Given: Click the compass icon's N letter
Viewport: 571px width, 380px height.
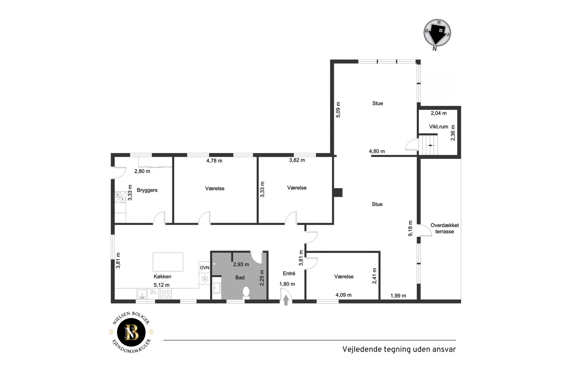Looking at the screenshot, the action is coord(434,49).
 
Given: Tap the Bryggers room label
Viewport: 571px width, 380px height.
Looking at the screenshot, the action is coord(147,190).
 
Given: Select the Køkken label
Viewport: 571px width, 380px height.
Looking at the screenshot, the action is coord(162,276).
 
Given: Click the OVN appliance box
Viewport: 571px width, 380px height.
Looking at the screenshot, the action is coord(204,267).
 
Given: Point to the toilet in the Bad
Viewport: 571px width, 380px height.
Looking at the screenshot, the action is coord(246,292).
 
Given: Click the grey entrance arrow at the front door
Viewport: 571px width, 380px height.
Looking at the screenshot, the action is coord(286,300).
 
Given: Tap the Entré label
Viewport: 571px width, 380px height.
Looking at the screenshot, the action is coord(289,274).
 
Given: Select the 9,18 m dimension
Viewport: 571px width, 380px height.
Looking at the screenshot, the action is coord(411,228).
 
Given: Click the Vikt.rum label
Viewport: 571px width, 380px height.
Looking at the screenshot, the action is coord(439,127).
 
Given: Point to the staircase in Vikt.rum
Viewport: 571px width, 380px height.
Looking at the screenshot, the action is coord(428,145).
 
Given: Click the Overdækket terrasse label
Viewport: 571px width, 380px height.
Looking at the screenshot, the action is coord(444,228).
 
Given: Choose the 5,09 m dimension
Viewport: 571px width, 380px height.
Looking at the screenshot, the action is coord(338,110).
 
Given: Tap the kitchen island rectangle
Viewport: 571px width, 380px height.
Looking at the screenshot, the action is coord(168,262).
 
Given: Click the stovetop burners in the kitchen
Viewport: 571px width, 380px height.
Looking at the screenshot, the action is coord(166,294).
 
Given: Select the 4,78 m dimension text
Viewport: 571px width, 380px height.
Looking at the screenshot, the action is coord(214,161).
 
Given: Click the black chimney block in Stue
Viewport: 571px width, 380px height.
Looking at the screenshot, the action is coord(338,192).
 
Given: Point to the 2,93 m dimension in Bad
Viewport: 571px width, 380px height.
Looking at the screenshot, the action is coord(241,264).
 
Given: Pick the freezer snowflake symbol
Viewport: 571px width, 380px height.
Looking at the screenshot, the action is coord(204,279).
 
